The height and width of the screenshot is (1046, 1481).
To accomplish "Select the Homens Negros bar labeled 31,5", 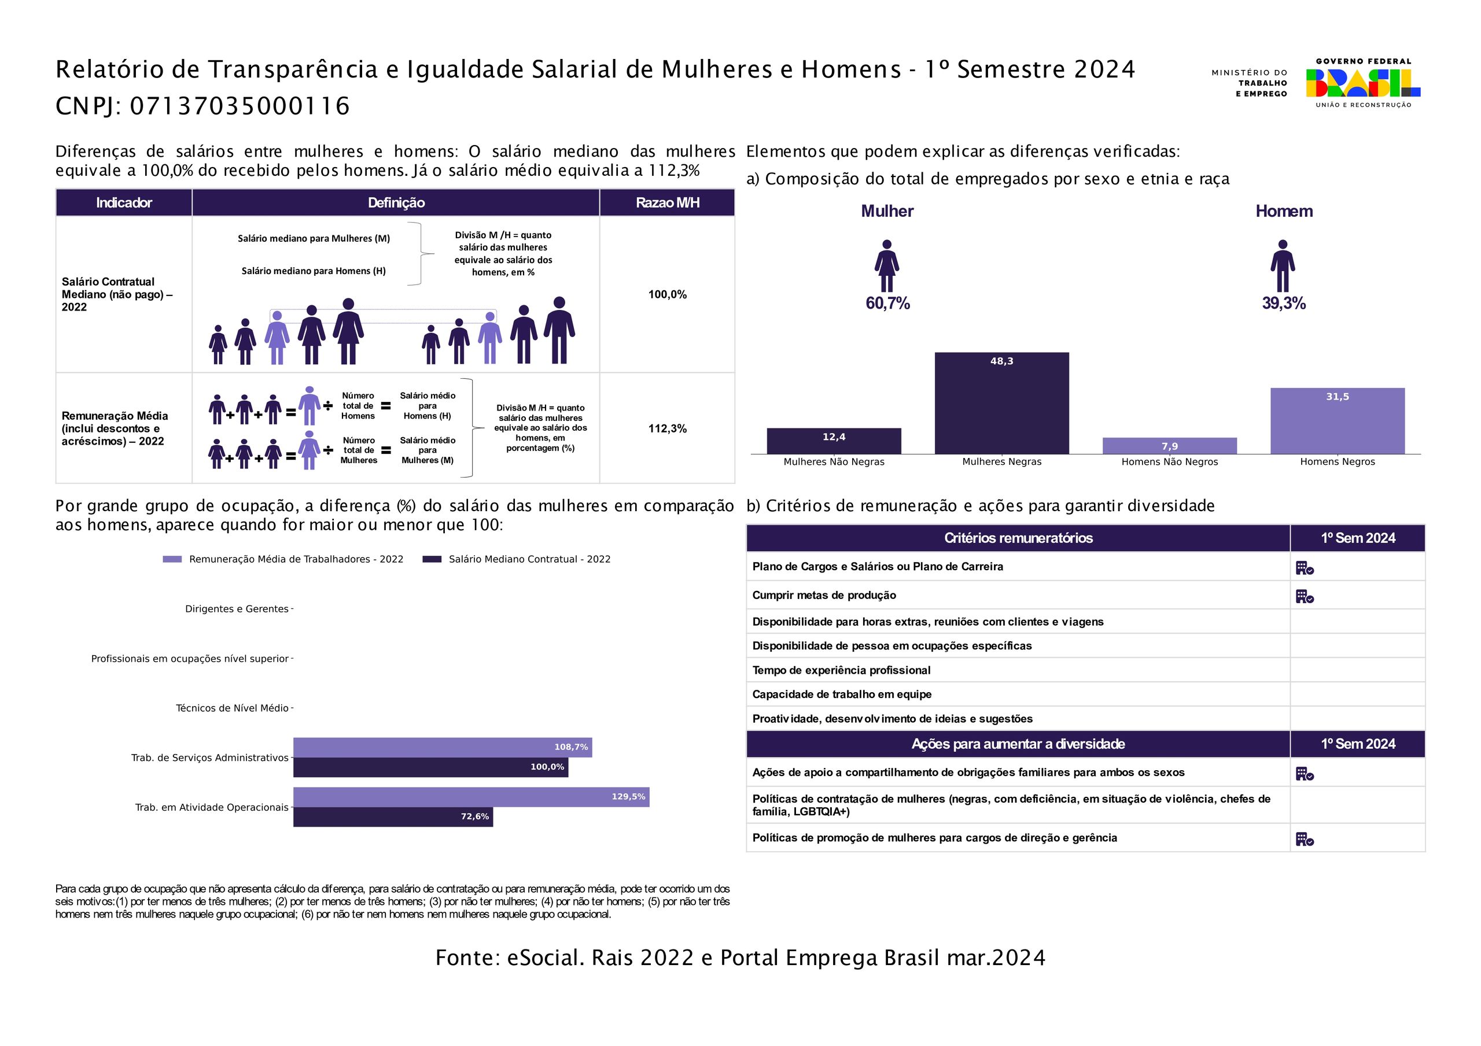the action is pos(1337,420).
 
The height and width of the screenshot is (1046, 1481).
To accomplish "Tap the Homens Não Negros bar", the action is pos(1169,446).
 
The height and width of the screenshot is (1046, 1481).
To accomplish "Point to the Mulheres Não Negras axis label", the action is pos(834,462).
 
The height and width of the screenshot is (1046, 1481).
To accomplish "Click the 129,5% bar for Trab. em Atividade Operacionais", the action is pos(471,797).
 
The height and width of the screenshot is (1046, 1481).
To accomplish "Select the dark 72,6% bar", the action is pos(393,816).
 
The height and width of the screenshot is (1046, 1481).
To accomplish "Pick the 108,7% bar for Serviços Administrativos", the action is pos(443,748).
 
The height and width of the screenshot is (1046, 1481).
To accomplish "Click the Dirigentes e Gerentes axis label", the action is pos(237,609).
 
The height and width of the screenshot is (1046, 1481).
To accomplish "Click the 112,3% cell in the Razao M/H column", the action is pos(667,429).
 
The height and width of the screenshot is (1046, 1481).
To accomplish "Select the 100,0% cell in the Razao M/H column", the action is pos(667,295).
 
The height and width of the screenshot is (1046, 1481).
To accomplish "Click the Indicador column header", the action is pos(124,202).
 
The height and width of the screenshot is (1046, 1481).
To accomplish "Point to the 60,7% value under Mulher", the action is pos(887,303).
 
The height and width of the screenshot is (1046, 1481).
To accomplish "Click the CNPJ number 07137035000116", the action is pos(240,106).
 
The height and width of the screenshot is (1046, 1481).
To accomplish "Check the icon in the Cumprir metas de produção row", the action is pos(1304,597).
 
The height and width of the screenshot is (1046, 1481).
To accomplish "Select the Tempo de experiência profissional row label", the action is pos(841,670).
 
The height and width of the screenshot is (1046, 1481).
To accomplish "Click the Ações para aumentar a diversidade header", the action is pos(1018,744).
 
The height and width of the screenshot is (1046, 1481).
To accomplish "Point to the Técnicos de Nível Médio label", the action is pos(232,708).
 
